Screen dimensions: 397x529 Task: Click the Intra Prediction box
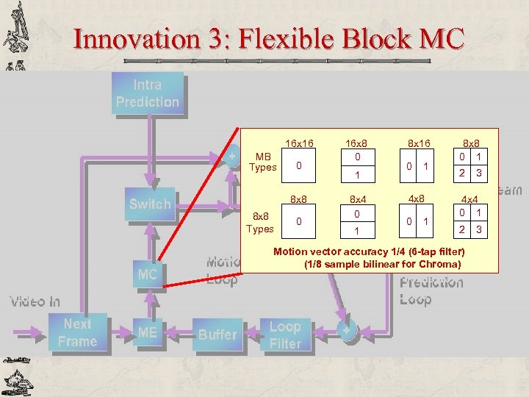(x=147, y=93)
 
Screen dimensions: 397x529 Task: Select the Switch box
(x=149, y=204)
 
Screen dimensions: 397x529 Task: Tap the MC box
(x=147, y=274)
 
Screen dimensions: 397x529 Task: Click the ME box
(x=147, y=333)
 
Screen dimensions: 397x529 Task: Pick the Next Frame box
(x=77, y=332)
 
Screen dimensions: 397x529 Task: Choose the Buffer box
(x=217, y=334)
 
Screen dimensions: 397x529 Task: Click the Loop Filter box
(x=285, y=335)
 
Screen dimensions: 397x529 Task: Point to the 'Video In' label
(x=35, y=301)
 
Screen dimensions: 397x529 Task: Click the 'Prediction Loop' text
(x=431, y=291)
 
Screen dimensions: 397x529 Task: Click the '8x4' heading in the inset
(x=356, y=198)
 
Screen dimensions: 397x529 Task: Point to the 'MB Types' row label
(x=262, y=162)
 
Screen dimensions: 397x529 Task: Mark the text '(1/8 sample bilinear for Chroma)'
(x=382, y=264)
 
